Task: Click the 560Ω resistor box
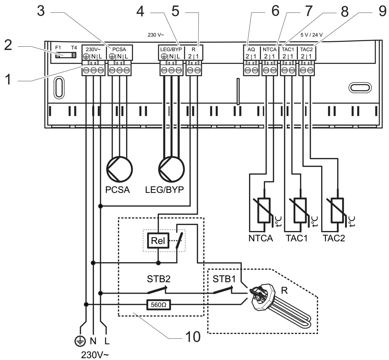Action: (x=158, y=305)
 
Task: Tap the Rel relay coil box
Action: (x=158, y=241)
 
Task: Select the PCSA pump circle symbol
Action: (x=119, y=169)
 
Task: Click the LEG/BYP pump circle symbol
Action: (x=171, y=169)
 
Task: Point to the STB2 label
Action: (x=158, y=279)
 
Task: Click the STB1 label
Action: (x=224, y=279)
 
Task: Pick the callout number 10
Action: (x=193, y=337)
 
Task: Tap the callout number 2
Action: (x=8, y=45)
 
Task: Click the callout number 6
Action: (x=275, y=11)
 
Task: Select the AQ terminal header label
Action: (x=251, y=49)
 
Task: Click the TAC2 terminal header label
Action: (x=306, y=49)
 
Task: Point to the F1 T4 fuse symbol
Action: (x=66, y=55)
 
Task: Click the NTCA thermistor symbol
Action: (x=264, y=210)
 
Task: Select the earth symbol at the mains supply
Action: (x=80, y=341)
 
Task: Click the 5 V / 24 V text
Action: (x=311, y=35)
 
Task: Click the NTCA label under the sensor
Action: (x=261, y=238)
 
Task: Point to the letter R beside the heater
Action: (x=284, y=290)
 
